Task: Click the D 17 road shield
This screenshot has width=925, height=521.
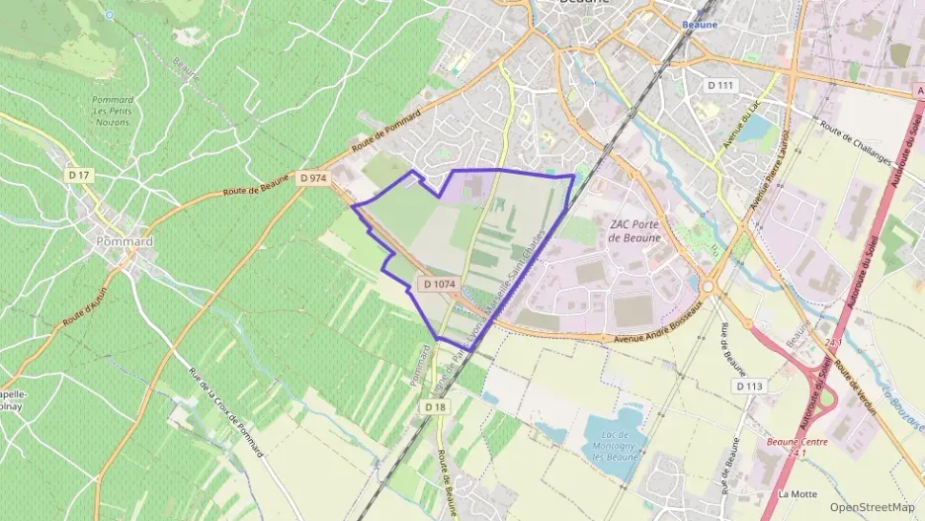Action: tap(79, 174)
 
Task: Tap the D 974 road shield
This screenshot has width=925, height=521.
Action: tap(312, 178)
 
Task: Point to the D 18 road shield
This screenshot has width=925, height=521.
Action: tap(436, 406)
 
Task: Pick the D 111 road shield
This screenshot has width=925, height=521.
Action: tap(721, 86)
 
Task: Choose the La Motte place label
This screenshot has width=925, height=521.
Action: tap(797, 493)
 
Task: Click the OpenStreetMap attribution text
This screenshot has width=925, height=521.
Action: tap(872, 507)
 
